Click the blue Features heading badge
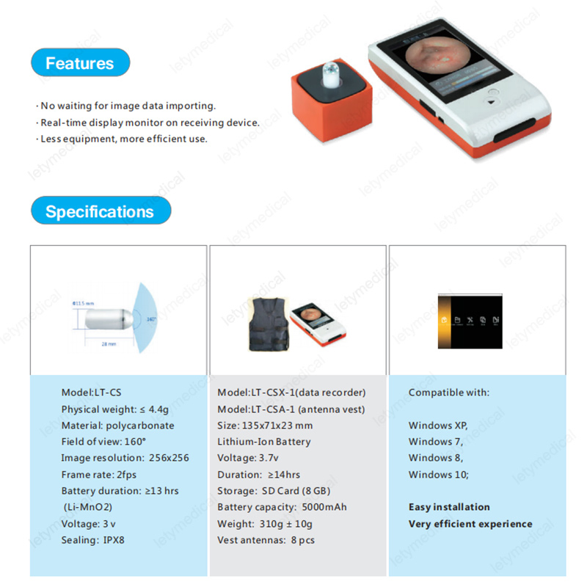click(80, 63)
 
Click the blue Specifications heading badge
click(100, 212)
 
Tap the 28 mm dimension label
click(108, 343)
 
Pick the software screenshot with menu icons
click(470, 321)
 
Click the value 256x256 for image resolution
click(169, 458)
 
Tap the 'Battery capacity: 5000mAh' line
click(282, 507)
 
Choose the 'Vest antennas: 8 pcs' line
click(267, 540)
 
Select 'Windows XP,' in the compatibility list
click(438, 425)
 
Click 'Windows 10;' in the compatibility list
click(439, 474)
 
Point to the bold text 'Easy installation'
click(449, 507)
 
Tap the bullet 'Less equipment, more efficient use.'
click(123, 139)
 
